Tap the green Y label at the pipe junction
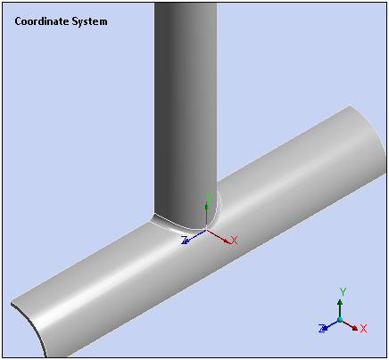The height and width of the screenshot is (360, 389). tap(209, 196)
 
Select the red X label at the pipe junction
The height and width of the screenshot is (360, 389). tap(234, 241)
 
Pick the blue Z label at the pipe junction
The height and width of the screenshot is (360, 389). tap(185, 240)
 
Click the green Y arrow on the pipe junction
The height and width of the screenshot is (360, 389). tap(207, 215)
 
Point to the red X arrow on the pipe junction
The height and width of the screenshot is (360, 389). tap(219, 236)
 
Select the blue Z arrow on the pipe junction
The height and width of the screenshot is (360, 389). tap(194, 237)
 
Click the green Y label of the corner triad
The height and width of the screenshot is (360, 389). tap(343, 291)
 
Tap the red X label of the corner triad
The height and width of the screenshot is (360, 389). tap(363, 328)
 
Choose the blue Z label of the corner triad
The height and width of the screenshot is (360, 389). tap(322, 328)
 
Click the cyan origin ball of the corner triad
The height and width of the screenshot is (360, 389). tap(340, 320)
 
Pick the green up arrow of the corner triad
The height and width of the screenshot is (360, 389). tap(340, 308)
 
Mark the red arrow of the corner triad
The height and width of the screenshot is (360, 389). tap(350, 324)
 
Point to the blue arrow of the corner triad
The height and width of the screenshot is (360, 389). tap(330, 324)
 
